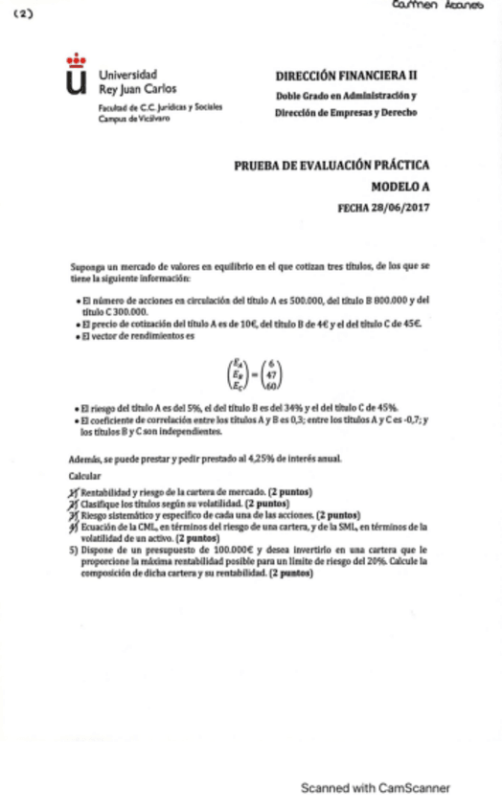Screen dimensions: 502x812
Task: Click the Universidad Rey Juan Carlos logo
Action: pos(76,77)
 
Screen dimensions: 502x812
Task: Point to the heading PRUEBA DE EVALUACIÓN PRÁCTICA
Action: pos(331,165)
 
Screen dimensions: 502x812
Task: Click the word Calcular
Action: pos(85,476)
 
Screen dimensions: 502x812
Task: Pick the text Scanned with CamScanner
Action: pos(375,788)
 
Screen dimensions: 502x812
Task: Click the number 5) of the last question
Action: pos(74,550)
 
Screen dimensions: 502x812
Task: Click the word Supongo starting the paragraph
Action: pos(87,265)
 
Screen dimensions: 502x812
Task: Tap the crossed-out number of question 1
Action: pos(74,490)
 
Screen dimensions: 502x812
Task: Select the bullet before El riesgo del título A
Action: pos(76,408)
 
